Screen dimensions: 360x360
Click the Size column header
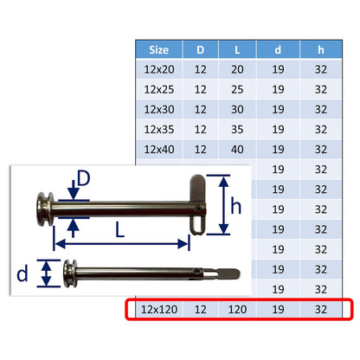click(159, 49)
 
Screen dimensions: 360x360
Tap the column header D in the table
click(201, 49)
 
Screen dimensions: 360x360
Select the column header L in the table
click(237, 49)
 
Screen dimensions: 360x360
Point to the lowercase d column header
click(278, 49)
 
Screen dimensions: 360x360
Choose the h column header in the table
click(321, 49)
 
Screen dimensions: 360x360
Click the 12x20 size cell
click(159, 69)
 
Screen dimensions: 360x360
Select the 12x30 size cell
click(159, 109)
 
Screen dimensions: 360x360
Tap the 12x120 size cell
click(159, 310)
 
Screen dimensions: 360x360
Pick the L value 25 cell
click(237, 89)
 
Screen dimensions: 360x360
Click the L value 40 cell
click(237, 150)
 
